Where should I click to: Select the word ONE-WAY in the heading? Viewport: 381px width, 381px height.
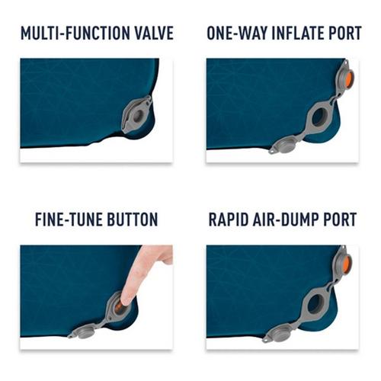pyautogui.click(x=234, y=34)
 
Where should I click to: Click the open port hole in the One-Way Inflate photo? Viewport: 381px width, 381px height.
pyautogui.click(x=319, y=116)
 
